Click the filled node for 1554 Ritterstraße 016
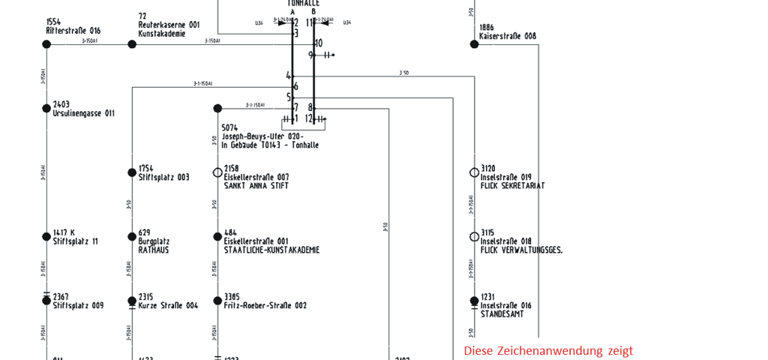pyautogui.click(x=46, y=44)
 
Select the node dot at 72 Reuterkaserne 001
pyautogui.click(x=132, y=44)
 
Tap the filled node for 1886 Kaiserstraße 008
pyautogui.click(x=474, y=44)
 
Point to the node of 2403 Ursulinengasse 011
pyautogui.click(x=46, y=109)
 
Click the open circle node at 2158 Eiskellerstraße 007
pyautogui.click(x=217, y=172)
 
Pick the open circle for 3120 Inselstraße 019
pyautogui.click(x=474, y=172)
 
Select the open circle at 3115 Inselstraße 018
pyautogui.click(x=474, y=237)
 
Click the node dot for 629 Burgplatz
pyautogui.click(x=132, y=237)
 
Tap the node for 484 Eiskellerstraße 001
pyautogui.click(x=217, y=237)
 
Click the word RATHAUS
pyautogui.click(x=154, y=250)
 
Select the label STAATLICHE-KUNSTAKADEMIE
pyautogui.click(x=271, y=250)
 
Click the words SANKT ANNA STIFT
pyautogui.click(x=256, y=186)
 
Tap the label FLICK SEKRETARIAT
pyautogui.click(x=513, y=186)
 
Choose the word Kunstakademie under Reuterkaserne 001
pyautogui.click(x=161, y=34)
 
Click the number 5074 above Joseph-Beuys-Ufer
pyautogui.click(x=229, y=128)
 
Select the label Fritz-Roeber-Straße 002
pyautogui.click(x=265, y=306)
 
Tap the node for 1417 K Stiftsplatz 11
pyautogui.click(x=46, y=237)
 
